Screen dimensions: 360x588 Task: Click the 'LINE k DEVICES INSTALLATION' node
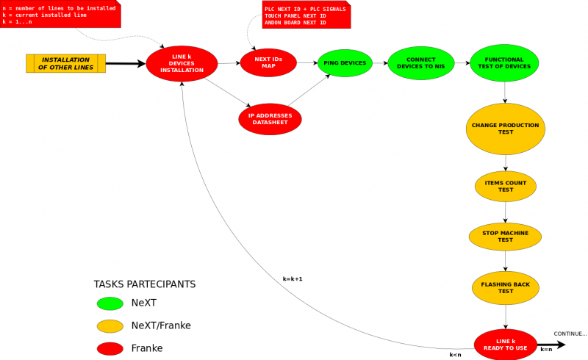click(182, 64)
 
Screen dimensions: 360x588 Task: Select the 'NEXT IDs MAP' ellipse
click(268, 63)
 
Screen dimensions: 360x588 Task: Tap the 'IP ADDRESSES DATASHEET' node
click(270, 119)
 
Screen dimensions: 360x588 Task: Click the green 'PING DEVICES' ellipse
click(345, 63)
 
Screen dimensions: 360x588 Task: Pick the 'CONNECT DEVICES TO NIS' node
click(421, 63)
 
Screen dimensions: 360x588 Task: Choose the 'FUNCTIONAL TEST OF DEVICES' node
click(504, 63)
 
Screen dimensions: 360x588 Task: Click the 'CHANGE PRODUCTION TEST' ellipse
click(505, 129)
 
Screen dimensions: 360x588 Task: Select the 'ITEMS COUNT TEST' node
click(506, 186)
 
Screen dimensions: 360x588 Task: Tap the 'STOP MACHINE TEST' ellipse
click(505, 236)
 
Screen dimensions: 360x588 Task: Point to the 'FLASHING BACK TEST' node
click(506, 287)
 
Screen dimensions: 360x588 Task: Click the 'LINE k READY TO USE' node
click(505, 344)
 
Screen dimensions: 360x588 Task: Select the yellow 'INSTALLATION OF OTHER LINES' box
click(65, 64)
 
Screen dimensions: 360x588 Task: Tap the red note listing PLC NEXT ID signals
click(305, 15)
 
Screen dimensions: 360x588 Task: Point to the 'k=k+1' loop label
click(293, 279)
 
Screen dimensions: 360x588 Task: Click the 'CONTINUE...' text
click(570, 334)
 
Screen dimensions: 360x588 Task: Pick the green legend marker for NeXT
click(110, 303)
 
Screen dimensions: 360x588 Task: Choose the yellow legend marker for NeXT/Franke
click(110, 325)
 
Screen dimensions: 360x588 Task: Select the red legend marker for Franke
click(110, 348)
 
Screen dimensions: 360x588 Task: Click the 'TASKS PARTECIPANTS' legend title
click(145, 284)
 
